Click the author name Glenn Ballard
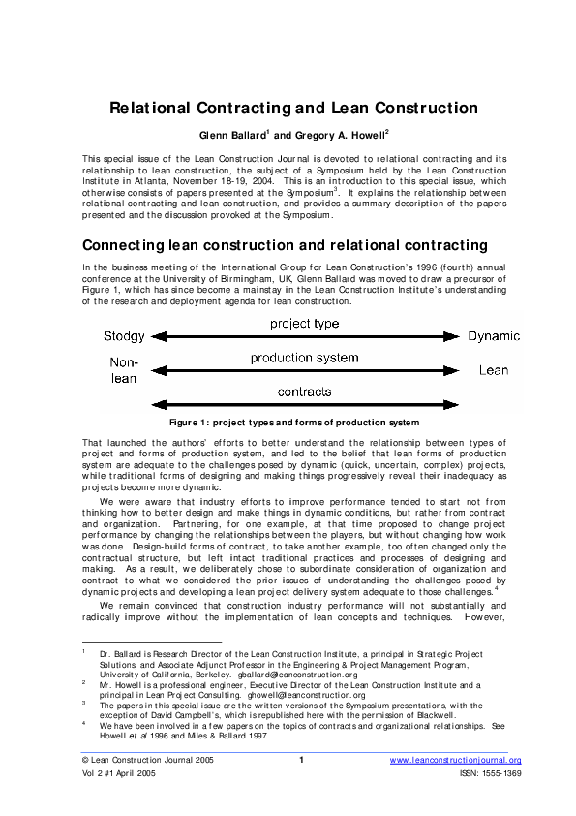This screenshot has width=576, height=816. (231, 135)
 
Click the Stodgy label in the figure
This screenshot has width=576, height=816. (124, 336)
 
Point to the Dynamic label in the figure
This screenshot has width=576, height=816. (493, 336)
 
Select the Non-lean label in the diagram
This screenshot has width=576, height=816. (124, 369)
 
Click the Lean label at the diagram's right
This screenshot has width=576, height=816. (493, 370)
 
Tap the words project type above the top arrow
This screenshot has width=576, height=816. (304, 323)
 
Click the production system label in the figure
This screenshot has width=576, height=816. (304, 358)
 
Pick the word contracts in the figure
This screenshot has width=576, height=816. (304, 392)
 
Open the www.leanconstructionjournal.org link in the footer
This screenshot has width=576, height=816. (455, 760)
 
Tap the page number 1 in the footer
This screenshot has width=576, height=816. (301, 760)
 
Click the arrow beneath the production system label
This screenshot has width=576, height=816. (304, 370)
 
